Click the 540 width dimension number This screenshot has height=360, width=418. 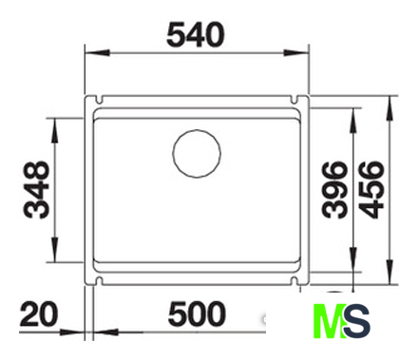196,35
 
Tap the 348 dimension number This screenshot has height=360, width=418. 37,190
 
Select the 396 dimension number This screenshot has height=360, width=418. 334,190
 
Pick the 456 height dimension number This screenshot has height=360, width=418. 371,190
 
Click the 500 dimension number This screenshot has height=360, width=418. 197,314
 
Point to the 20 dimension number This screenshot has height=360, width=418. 39,314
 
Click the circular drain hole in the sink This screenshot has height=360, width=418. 197,153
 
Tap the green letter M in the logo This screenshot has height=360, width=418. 329,321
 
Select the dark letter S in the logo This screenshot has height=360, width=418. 356,321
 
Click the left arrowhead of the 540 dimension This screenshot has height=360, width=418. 97,52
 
